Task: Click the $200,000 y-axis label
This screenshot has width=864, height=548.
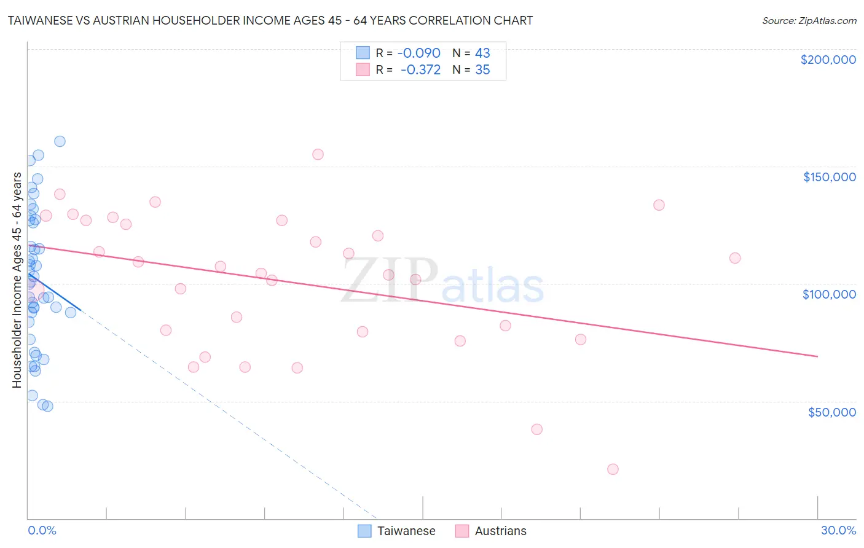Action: pyautogui.click(x=828, y=60)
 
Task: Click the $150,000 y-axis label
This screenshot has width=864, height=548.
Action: pyautogui.click(x=829, y=177)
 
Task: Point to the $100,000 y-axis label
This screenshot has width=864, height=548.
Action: pyautogui.click(x=829, y=294)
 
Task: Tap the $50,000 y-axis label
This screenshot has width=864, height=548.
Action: pyautogui.click(x=831, y=412)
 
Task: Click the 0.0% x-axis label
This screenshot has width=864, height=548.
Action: pyautogui.click(x=42, y=530)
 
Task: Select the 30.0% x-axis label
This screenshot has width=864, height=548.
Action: pyautogui.click(x=838, y=530)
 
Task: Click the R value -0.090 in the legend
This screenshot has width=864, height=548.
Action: pyautogui.click(x=418, y=53)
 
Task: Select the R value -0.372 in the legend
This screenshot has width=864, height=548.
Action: pyautogui.click(x=420, y=70)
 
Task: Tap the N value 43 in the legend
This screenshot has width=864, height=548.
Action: pyautogui.click(x=482, y=53)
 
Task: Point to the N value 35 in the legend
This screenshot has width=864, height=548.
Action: pyautogui.click(x=482, y=70)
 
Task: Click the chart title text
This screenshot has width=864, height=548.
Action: pyautogui.click(x=270, y=20)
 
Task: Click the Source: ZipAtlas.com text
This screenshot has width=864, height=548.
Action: pyautogui.click(x=809, y=21)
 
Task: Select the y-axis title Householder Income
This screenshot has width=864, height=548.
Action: pyautogui.click(x=17, y=280)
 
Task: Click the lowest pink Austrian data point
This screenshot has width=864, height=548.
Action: pyautogui.click(x=613, y=469)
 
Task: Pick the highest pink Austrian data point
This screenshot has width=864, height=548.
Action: pyautogui.click(x=318, y=154)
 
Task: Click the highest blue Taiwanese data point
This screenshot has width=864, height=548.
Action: pyautogui.click(x=60, y=141)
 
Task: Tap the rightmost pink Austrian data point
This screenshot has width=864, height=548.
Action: pyautogui.click(x=735, y=258)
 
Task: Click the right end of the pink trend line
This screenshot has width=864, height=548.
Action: pyautogui.click(x=817, y=356)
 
